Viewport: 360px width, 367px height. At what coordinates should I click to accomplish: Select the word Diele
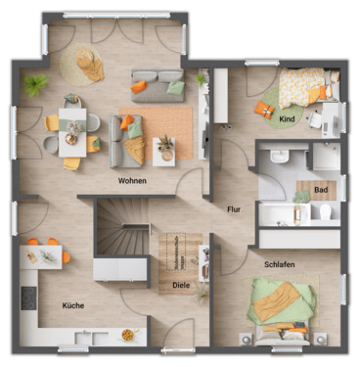(x=181, y=287)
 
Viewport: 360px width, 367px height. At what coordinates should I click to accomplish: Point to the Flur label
(x=234, y=209)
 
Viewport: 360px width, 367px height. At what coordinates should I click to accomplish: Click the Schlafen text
(x=280, y=264)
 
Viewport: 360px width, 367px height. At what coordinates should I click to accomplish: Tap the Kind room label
(x=287, y=119)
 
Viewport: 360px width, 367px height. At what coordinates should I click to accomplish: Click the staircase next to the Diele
(x=118, y=235)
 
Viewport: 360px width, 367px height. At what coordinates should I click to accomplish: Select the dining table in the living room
(x=72, y=125)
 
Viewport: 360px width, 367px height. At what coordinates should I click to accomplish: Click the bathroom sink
(x=278, y=159)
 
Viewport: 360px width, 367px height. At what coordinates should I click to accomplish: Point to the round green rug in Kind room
(x=268, y=107)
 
